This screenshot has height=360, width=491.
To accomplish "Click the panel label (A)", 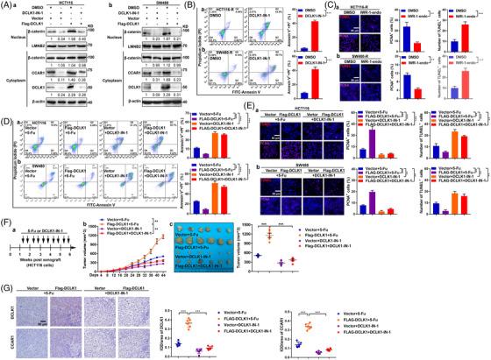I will [x=6, y=5].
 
